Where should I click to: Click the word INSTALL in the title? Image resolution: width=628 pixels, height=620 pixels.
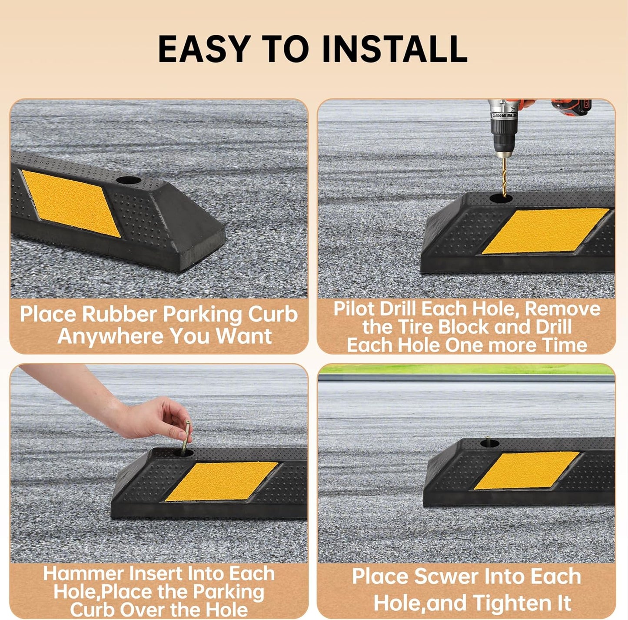395,49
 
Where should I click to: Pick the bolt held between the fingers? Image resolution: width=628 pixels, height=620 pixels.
186,437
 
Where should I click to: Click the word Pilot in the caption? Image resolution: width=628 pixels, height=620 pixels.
353,309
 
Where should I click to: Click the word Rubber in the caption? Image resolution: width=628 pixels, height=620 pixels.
119,315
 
